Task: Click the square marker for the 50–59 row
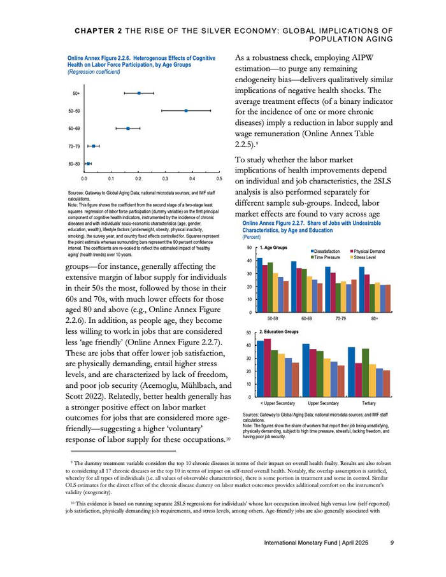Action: click(185, 111)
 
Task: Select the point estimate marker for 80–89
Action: click(88, 164)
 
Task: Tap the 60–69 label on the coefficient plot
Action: click(74, 129)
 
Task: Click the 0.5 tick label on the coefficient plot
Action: click(219, 180)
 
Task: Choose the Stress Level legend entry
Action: click(368, 258)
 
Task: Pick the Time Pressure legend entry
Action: click(329, 258)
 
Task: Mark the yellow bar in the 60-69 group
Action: click(309, 294)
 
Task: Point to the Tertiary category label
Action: click(368, 403)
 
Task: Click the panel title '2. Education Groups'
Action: click(279, 332)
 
